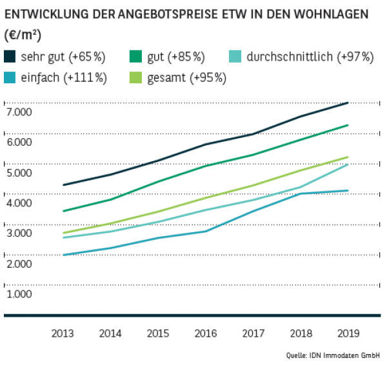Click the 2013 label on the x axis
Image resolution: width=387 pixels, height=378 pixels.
tap(63, 333)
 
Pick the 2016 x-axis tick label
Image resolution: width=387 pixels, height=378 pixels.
tap(206, 333)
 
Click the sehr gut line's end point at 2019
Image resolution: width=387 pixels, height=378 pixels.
tap(348, 103)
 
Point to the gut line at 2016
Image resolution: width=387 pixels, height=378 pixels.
tap(206, 166)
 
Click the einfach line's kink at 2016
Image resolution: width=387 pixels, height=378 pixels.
tap(206, 231)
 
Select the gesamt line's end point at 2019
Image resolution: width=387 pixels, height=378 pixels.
tap(348, 157)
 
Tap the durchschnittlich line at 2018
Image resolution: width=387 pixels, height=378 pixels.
tap(301, 187)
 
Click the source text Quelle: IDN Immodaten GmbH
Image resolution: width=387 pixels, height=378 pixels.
tap(333, 355)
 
